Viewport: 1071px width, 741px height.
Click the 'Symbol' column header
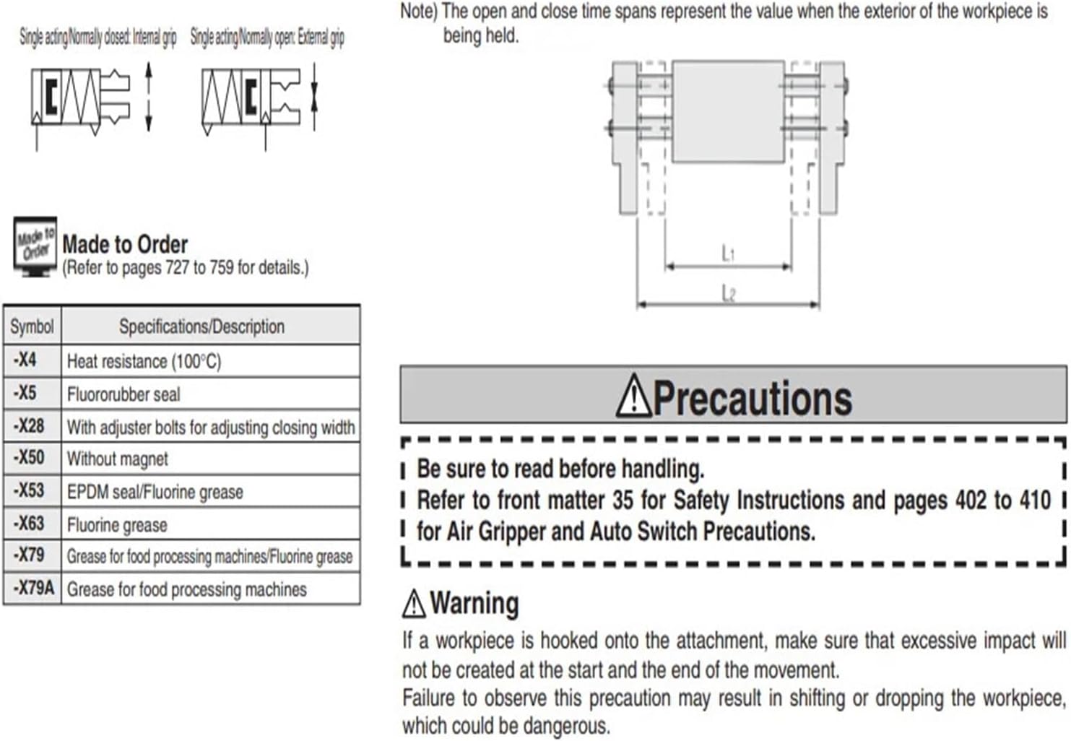point(32,326)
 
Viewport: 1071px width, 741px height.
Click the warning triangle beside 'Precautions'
point(633,396)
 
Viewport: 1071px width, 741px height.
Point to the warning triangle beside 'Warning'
point(414,604)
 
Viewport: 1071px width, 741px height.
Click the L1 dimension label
point(728,253)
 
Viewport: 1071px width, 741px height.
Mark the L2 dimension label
point(728,293)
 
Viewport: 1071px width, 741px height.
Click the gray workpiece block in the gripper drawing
point(728,110)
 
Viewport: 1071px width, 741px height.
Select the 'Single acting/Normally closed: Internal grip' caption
point(97,38)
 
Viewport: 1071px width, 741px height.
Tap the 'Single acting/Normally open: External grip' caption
point(267,38)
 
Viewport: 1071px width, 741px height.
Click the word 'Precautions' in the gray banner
point(753,398)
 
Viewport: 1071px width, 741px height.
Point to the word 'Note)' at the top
point(418,12)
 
